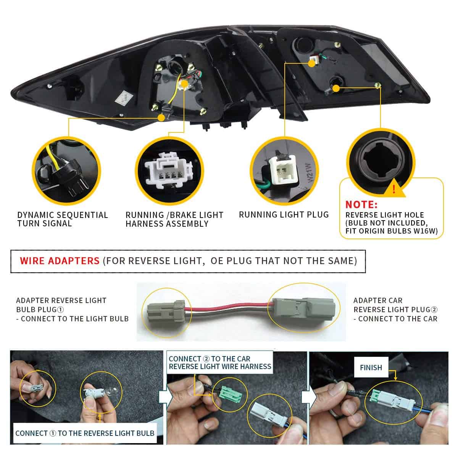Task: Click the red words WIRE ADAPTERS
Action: click(x=60, y=261)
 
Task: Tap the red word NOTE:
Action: click(x=361, y=205)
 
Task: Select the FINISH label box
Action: click(x=371, y=368)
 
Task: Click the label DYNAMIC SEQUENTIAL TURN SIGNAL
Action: click(x=63, y=219)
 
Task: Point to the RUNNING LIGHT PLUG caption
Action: click(x=284, y=214)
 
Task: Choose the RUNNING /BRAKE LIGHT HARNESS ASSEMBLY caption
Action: click(x=174, y=219)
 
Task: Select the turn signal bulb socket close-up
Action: click(x=67, y=169)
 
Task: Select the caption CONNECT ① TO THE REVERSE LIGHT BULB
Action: click(x=85, y=433)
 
